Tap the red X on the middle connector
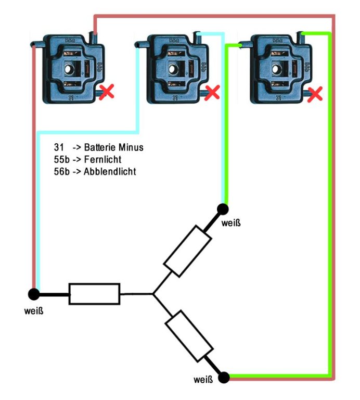[x=212, y=93]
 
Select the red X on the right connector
[x=315, y=94]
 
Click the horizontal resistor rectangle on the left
[x=95, y=294]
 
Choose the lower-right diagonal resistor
[x=189, y=336]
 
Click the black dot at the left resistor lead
[x=34, y=294]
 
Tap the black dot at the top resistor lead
[x=223, y=209]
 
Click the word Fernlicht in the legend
[x=103, y=159]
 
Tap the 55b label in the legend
[x=62, y=159]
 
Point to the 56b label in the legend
[x=62, y=171]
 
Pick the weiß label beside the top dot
[x=232, y=224]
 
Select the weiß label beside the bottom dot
[x=203, y=379]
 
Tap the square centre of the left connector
[x=70, y=68]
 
